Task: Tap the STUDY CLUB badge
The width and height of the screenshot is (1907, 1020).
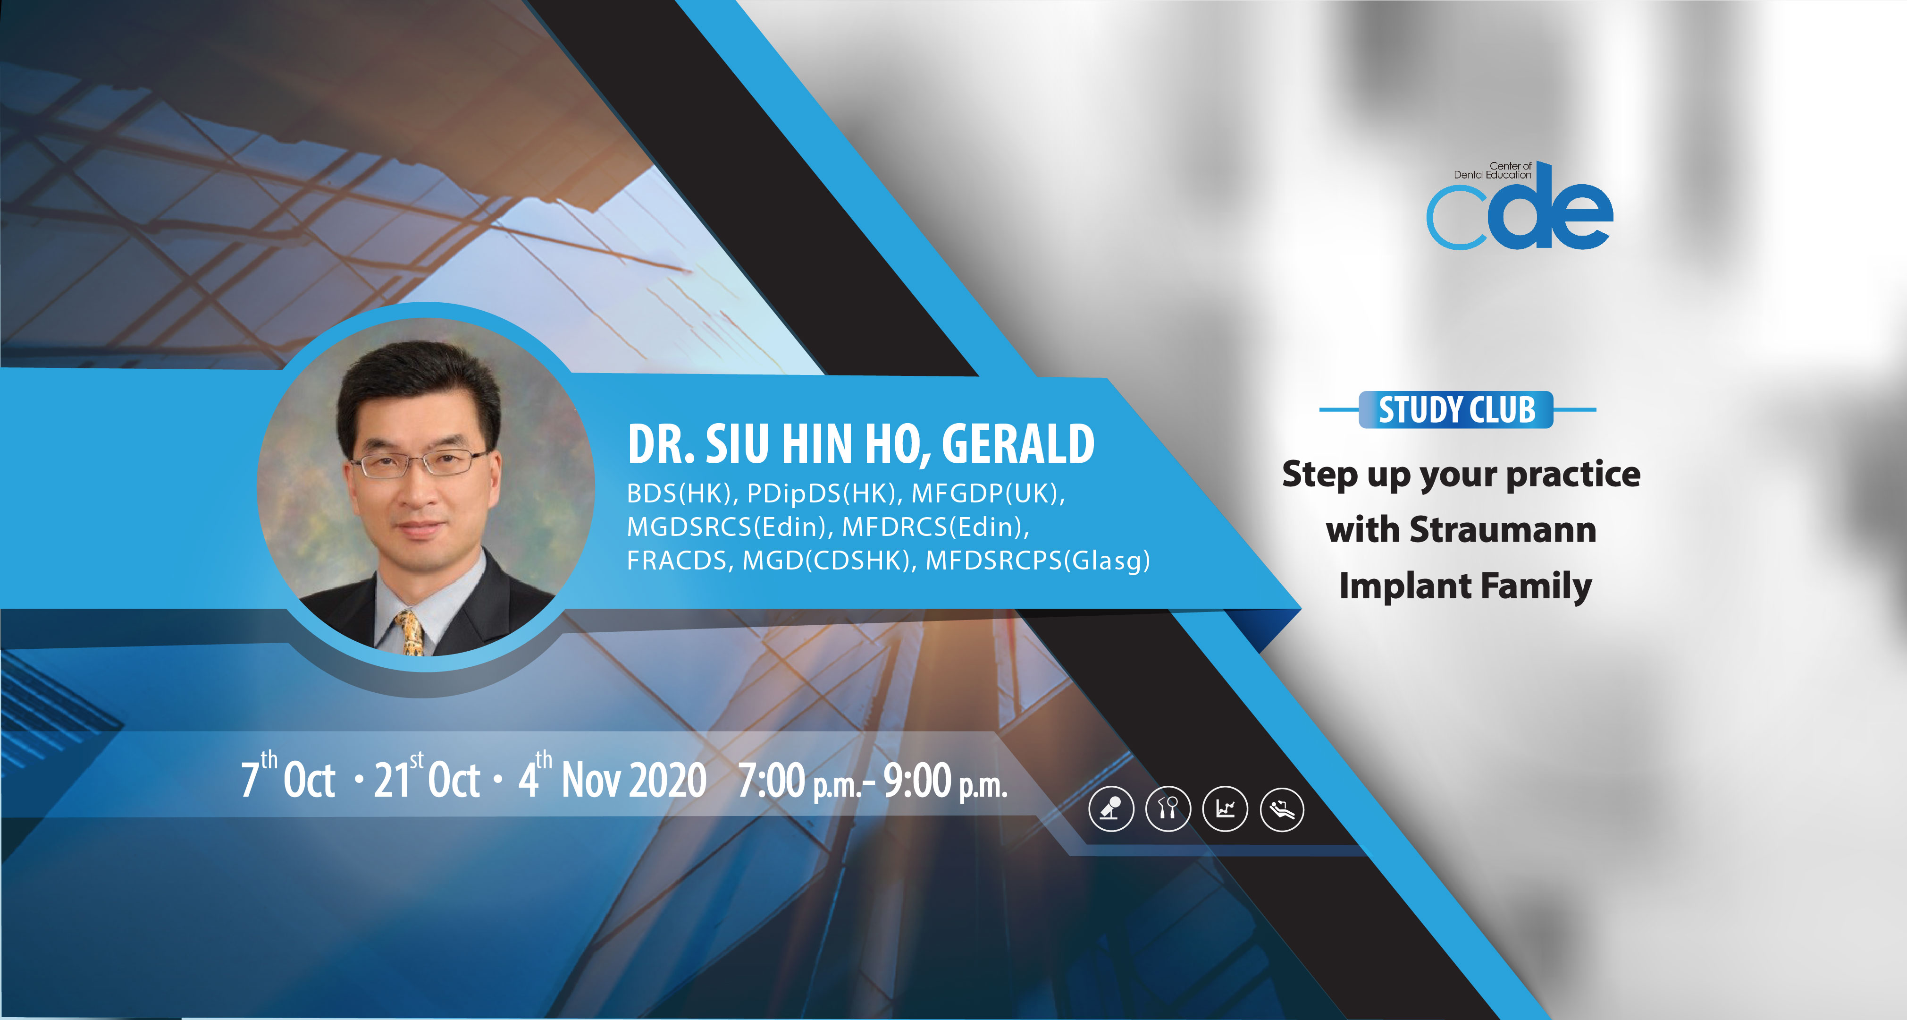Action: [x=1456, y=409]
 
